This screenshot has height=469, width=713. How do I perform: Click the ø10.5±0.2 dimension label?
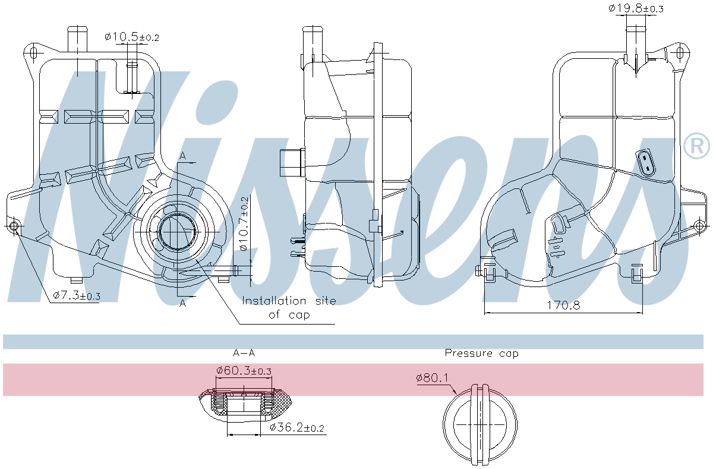click(x=132, y=37)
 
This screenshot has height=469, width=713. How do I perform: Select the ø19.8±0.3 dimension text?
click(x=636, y=8)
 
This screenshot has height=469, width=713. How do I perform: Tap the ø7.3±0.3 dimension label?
click(x=77, y=295)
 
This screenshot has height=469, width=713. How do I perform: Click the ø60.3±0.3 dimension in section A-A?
click(x=244, y=370)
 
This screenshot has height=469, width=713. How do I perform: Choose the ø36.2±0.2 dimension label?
click(x=296, y=427)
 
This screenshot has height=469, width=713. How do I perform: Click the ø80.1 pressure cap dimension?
click(x=432, y=377)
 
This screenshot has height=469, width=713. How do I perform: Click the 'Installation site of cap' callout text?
click(x=289, y=308)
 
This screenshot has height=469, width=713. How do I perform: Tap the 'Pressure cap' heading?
click(x=481, y=353)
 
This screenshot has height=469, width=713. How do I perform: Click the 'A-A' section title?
click(x=244, y=353)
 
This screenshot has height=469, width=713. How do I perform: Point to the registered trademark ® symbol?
click(x=696, y=146)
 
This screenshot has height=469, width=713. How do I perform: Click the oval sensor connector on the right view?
click(x=646, y=163)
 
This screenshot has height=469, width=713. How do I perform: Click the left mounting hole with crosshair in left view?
click(x=14, y=226)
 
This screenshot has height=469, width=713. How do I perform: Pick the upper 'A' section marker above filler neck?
click(x=183, y=156)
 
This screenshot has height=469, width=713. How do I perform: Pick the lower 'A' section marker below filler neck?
click(x=183, y=303)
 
